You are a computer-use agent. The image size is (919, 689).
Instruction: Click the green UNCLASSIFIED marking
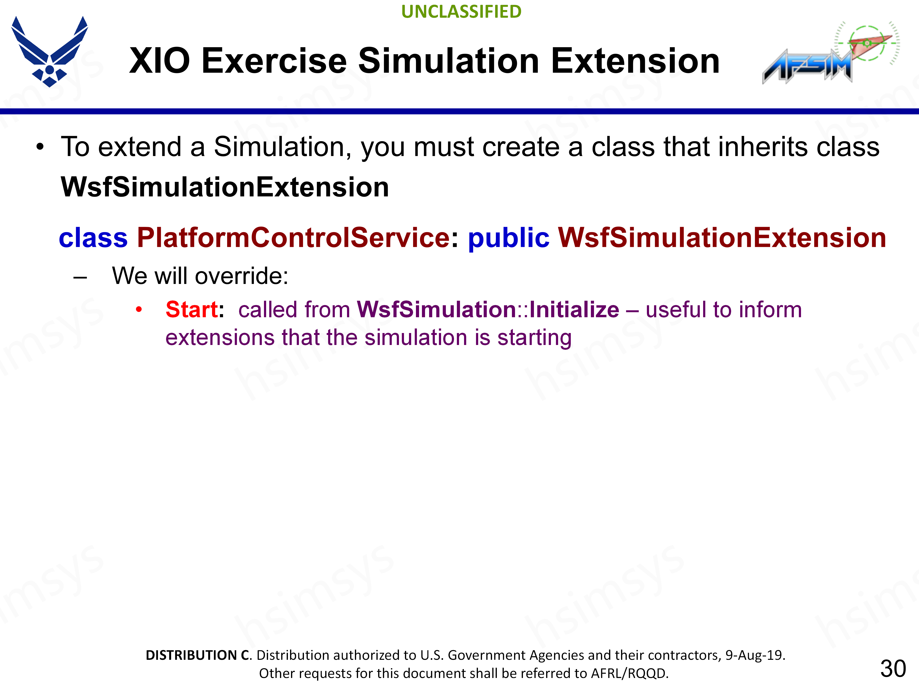pyautogui.click(x=461, y=12)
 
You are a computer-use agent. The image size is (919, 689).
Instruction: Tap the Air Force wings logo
pyautogui.click(x=50, y=51)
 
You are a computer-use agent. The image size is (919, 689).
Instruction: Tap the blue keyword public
pyautogui.click(x=509, y=238)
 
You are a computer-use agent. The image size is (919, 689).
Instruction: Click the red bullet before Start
pyautogui.click(x=139, y=309)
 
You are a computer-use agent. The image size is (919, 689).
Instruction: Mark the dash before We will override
pyautogui.click(x=80, y=278)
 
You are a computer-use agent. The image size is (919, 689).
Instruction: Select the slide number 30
pyautogui.click(x=893, y=669)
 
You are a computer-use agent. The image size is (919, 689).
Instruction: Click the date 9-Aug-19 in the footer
pyautogui.click(x=754, y=655)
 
